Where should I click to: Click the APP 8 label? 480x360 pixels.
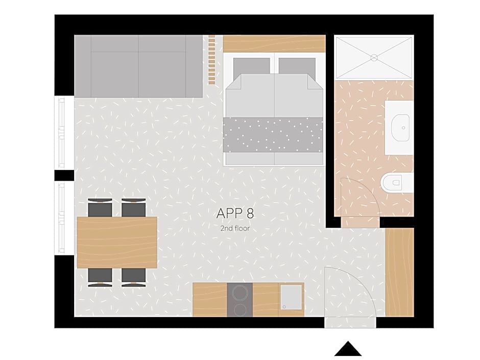(x=235, y=213)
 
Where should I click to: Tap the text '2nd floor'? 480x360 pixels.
(x=235, y=228)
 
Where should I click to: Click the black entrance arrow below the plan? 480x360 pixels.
(x=348, y=349)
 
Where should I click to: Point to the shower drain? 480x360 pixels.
(x=373, y=57)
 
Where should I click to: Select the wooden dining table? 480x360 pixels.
(x=117, y=242)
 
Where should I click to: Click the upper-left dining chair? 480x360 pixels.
(x=100, y=208)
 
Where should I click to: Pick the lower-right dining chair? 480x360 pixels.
(x=134, y=276)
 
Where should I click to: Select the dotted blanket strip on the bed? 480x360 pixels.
(x=273, y=134)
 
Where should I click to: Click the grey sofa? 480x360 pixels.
(x=138, y=66)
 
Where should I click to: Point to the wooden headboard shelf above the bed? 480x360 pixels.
(x=274, y=43)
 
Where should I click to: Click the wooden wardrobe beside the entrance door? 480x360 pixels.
(x=399, y=272)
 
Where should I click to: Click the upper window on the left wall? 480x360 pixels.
(x=61, y=132)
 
